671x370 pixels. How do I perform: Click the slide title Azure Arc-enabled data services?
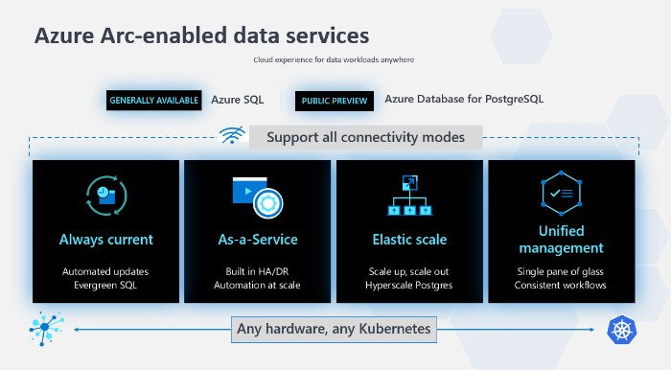[201, 35]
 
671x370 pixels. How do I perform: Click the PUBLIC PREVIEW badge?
[333, 100]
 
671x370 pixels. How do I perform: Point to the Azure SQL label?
[238, 99]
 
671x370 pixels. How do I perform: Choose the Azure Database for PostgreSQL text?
[464, 98]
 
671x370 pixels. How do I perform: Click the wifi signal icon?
[232, 137]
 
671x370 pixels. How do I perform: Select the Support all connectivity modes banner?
[365, 137]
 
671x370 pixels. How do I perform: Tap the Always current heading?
[105, 240]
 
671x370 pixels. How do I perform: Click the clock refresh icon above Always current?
[105, 195]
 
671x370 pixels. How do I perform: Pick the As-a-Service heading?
[257, 240]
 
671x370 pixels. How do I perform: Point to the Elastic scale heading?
[409, 240]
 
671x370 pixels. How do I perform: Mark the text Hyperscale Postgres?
[409, 286]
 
